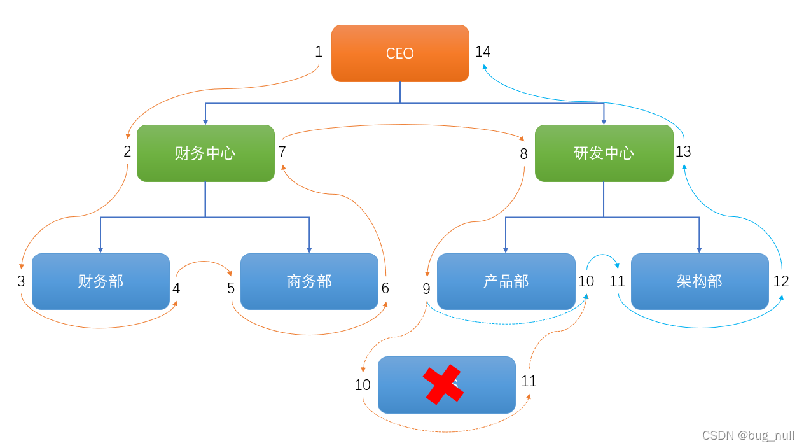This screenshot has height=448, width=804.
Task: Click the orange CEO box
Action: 400,53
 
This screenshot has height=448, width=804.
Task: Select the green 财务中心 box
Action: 205,153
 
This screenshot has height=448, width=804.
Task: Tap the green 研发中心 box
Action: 604,153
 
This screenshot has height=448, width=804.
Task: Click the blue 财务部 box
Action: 100,281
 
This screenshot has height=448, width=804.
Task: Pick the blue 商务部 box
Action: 309,281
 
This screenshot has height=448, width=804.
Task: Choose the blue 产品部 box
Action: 506,281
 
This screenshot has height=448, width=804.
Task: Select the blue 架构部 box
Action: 700,281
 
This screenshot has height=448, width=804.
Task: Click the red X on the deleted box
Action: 443,384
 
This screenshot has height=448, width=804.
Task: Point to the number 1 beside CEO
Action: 319,52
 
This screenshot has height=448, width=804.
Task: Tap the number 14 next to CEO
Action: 483,52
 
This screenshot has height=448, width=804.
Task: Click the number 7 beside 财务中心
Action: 282,152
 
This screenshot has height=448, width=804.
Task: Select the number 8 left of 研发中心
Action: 523,154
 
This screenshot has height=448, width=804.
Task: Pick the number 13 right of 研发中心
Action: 683,152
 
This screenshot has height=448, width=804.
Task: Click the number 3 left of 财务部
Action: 21,281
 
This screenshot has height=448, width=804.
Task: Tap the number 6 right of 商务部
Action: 385,288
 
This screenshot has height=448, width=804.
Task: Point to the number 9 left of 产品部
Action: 426,289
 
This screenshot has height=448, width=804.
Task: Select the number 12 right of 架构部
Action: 781,281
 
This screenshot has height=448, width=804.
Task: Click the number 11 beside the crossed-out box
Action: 529,381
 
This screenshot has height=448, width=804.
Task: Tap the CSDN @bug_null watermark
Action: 748,436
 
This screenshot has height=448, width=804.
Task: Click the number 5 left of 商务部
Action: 231,288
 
